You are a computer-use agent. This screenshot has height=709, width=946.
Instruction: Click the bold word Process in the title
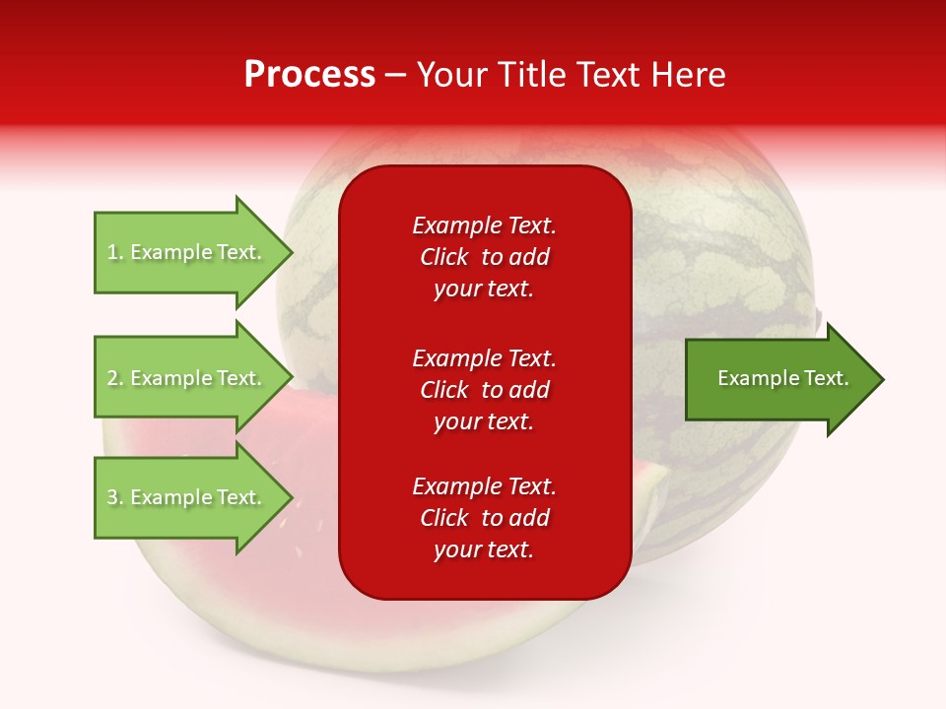(309, 75)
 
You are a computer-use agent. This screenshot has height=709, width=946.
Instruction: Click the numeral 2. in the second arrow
(115, 378)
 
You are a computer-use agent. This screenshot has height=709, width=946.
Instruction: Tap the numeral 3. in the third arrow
(115, 497)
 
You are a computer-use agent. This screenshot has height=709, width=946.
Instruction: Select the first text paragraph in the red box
(484, 257)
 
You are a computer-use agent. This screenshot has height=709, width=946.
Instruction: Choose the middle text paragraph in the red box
(484, 390)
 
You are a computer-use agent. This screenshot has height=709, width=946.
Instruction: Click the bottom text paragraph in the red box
(484, 518)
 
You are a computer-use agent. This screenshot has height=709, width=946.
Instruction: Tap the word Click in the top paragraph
(444, 257)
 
